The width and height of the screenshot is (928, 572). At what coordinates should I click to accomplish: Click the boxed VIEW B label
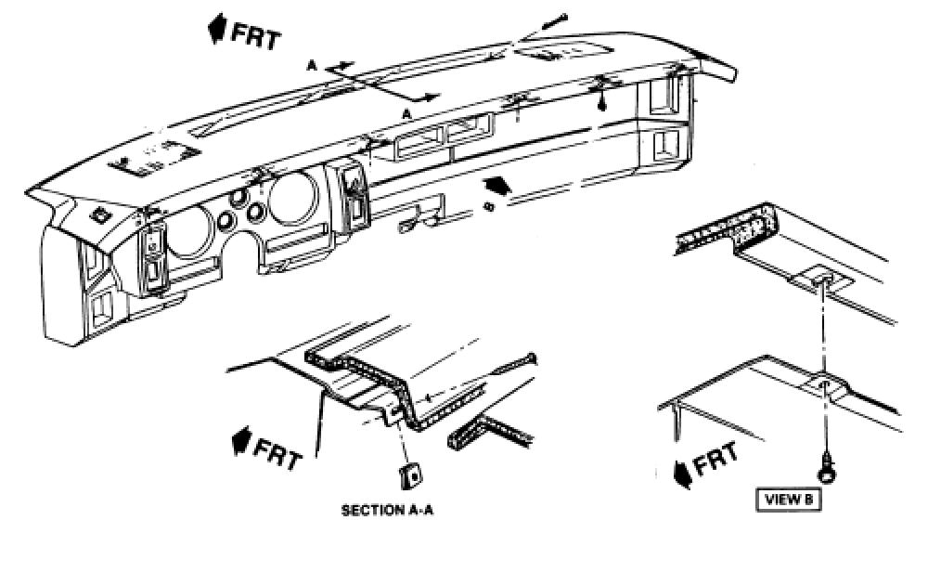(x=788, y=499)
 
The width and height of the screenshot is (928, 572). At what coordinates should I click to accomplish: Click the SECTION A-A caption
(x=388, y=511)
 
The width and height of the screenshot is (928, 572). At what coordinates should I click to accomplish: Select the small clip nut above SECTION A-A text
(x=408, y=475)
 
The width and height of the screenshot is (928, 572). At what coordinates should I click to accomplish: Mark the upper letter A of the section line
(x=313, y=65)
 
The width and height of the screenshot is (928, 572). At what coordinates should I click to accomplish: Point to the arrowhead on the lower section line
(x=432, y=97)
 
